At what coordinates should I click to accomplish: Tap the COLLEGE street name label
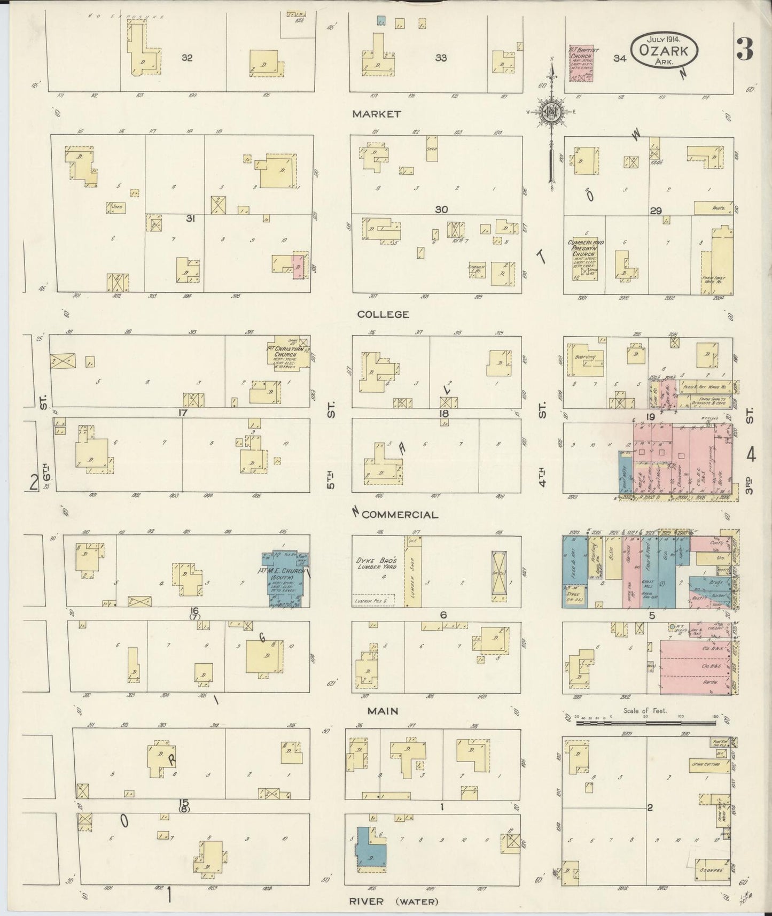coord(383,314)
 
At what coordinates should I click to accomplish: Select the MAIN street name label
coord(383,711)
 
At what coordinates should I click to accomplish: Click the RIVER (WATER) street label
coord(394,902)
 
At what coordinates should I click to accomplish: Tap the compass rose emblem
coord(550,112)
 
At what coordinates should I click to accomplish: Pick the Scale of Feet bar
coord(646,723)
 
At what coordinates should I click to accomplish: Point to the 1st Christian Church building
coord(288,352)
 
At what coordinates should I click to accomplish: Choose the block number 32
coord(186,58)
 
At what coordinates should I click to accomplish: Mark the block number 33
coord(441,58)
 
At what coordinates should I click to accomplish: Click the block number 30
coord(441,209)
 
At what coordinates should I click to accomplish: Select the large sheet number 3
coord(744,50)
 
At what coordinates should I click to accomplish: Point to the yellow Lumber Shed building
coord(413,572)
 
